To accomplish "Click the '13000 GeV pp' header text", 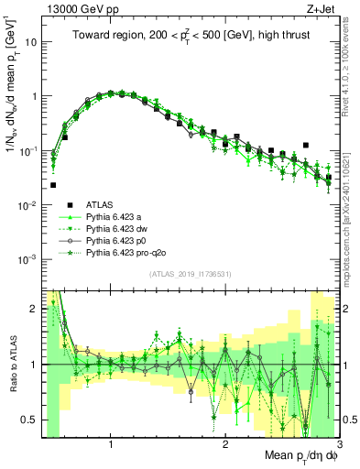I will pyautogui.click(x=80, y=8).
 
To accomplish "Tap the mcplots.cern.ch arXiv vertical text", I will pyautogui.click(x=348, y=202).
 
